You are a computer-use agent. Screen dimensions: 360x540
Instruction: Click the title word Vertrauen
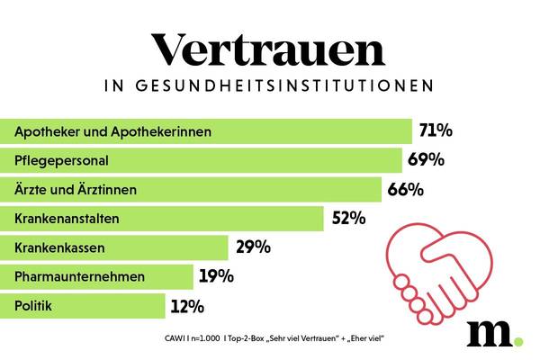point(269,49)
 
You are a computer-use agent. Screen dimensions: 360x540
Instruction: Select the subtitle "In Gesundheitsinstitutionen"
point(269,87)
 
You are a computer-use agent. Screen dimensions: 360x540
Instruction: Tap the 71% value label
point(436,131)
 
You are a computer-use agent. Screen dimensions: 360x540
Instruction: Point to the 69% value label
point(426,160)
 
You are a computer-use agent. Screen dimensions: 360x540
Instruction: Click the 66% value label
point(405,189)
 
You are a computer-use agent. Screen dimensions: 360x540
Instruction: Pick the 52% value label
point(347,218)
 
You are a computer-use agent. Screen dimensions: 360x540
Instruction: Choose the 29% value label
point(252,247)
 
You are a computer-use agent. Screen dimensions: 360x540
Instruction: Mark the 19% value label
point(216,276)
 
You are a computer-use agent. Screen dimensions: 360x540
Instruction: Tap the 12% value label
point(187,306)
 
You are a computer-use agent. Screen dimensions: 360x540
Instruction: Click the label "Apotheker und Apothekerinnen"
point(113,132)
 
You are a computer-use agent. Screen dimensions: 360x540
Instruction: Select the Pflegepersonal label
point(62,161)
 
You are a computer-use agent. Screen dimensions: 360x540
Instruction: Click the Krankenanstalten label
point(67,219)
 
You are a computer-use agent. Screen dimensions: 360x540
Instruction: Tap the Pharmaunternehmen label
point(80,276)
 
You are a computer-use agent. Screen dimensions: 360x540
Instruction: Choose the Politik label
point(33,306)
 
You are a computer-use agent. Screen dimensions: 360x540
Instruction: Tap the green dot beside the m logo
point(517,340)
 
